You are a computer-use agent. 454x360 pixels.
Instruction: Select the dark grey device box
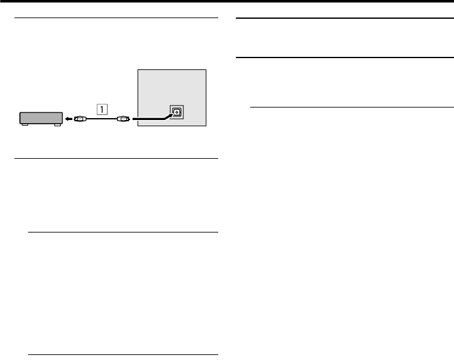(41, 117)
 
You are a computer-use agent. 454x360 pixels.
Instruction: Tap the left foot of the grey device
(24, 125)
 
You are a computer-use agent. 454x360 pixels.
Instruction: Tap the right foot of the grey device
(58, 125)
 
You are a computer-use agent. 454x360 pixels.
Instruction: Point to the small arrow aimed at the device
(67, 117)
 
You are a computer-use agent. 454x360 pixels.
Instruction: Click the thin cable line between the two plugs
(101, 117)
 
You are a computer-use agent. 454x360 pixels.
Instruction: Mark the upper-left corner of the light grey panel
(137, 70)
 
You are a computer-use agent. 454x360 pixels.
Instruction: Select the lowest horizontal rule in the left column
(123, 355)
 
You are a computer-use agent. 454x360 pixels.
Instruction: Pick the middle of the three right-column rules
(344, 58)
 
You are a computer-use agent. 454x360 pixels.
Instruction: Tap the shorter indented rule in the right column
(351, 106)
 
